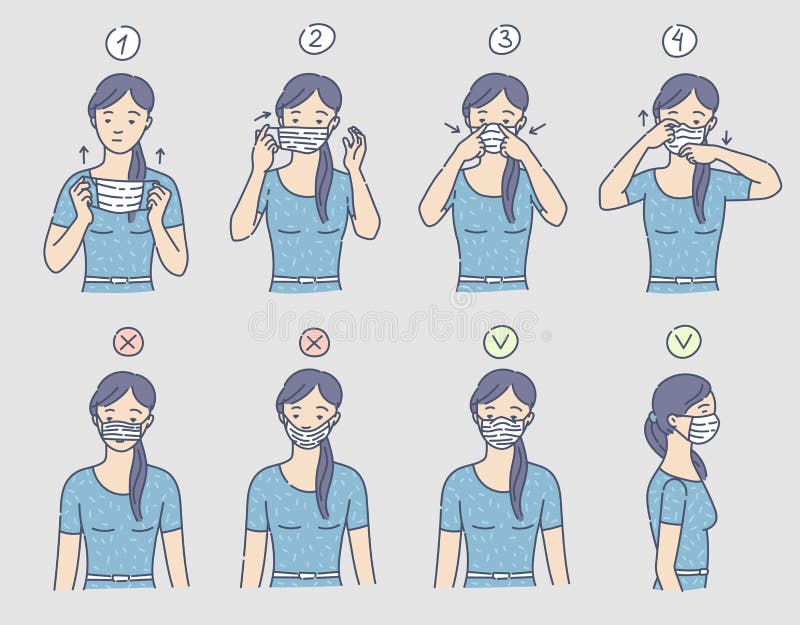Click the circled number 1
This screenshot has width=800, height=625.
(x=123, y=43)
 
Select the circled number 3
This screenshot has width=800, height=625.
(x=504, y=40)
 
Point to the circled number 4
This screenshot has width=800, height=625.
(x=679, y=40)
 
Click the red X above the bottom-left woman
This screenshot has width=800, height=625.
(x=128, y=342)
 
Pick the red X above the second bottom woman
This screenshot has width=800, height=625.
(x=314, y=342)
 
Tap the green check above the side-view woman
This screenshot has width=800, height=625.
(x=684, y=342)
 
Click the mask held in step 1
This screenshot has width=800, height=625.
(x=119, y=193)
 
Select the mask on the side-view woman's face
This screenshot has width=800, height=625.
(x=702, y=427)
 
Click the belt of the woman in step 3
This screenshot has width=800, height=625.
(x=493, y=279)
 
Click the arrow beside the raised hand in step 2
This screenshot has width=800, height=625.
(x=263, y=118)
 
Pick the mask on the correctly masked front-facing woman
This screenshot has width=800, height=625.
(x=501, y=430)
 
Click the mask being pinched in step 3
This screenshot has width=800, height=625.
(x=492, y=139)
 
